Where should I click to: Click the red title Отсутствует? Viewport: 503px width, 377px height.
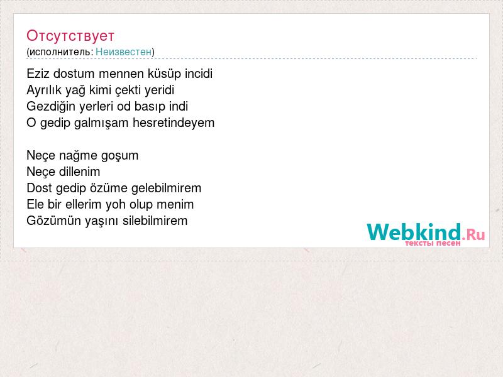(x=70, y=36)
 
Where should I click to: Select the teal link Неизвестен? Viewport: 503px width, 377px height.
(x=123, y=52)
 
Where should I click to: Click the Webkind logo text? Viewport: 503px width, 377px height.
(x=414, y=232)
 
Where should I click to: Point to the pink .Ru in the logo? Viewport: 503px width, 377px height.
(x=473, y=234)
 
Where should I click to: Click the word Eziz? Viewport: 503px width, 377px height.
(x=38, y=74)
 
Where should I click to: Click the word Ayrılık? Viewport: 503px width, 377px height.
(x=44, y=90)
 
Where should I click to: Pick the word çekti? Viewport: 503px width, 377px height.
(x=128, y=90)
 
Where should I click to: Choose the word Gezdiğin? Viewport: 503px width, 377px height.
(x=51, y=107)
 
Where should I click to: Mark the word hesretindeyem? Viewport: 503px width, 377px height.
(x=174, y=123)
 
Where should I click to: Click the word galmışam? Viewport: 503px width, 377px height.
(x=101, y=123)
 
